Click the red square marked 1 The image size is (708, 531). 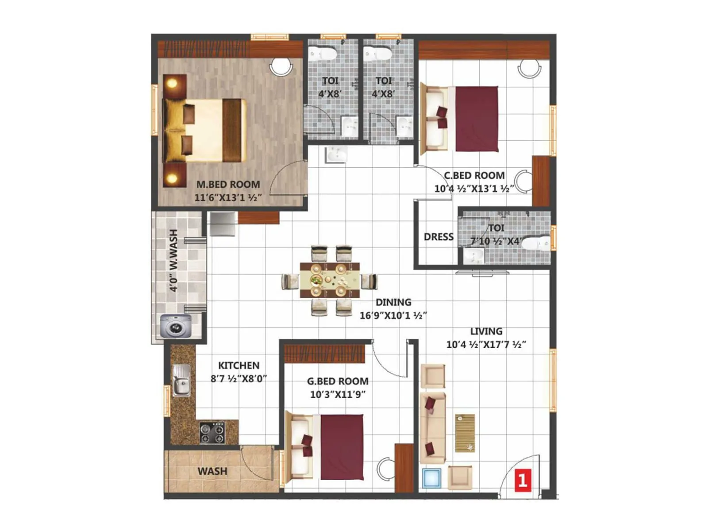(x=523, y=480)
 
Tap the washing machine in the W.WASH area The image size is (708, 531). (x=176, y=326)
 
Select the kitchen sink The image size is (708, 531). (x=181, y=380)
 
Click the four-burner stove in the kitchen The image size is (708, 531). (x=212, y=433)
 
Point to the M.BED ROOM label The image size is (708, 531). (x=228, y=184)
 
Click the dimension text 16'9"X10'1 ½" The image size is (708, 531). (x=393, y=316)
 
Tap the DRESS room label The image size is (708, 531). (x=439, y=237)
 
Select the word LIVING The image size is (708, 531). (x=486, y=331)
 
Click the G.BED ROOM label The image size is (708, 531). (x=338, y=381)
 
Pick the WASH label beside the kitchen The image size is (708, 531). (x=212, y=471)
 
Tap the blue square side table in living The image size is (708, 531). (x=431, y=479)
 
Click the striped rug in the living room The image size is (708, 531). (x=465, y=433)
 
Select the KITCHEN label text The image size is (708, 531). (x=239, y=366)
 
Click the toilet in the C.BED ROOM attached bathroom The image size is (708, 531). (x=537, y=243)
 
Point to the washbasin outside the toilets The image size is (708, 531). (x=336, y=155)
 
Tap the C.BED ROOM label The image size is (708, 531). (x=474, y=175)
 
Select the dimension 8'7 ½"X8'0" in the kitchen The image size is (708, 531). (x=239, y=379)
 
